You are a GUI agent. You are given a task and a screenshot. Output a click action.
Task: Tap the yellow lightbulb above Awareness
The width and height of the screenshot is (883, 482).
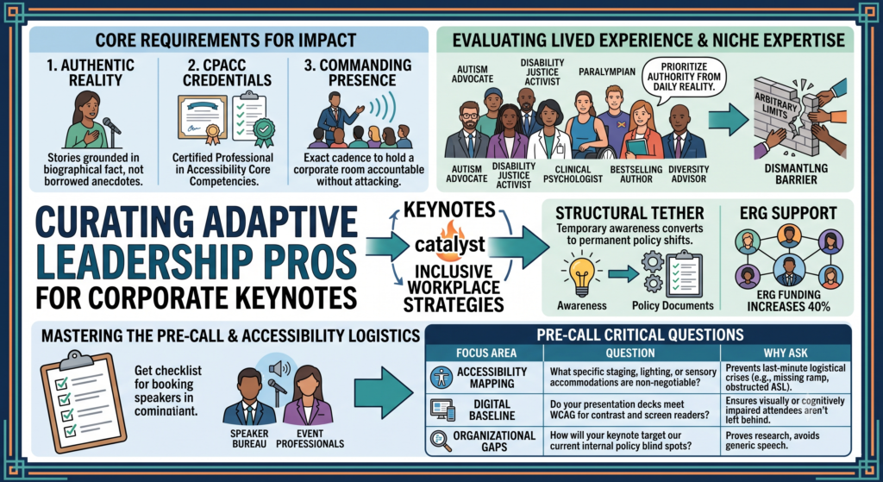pyautogui.click(x=581, y=274)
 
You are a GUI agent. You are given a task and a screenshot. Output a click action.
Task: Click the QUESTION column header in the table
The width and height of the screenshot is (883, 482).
pyautogui.click(x=630, y=353)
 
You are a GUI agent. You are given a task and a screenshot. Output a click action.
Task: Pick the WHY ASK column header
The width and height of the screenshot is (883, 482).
pyautogui.click(x=786, y=353)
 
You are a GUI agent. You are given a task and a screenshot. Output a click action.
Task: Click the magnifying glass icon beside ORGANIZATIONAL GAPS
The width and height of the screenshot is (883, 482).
pyautogui.click(x=441, y=441)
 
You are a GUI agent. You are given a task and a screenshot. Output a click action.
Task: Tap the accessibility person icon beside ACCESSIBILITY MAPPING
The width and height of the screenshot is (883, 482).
pyautogui.click(x=441, y=378)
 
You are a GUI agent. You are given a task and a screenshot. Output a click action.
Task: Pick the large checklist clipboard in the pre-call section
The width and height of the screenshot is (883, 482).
pyautogui.click(x=84, y=402)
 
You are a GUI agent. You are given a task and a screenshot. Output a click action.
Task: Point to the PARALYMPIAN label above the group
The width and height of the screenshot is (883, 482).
pyautogui.click(x=606, y=72)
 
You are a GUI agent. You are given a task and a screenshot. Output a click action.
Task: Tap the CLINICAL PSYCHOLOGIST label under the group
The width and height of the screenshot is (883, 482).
pyautogui.click(x=573, y=173)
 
